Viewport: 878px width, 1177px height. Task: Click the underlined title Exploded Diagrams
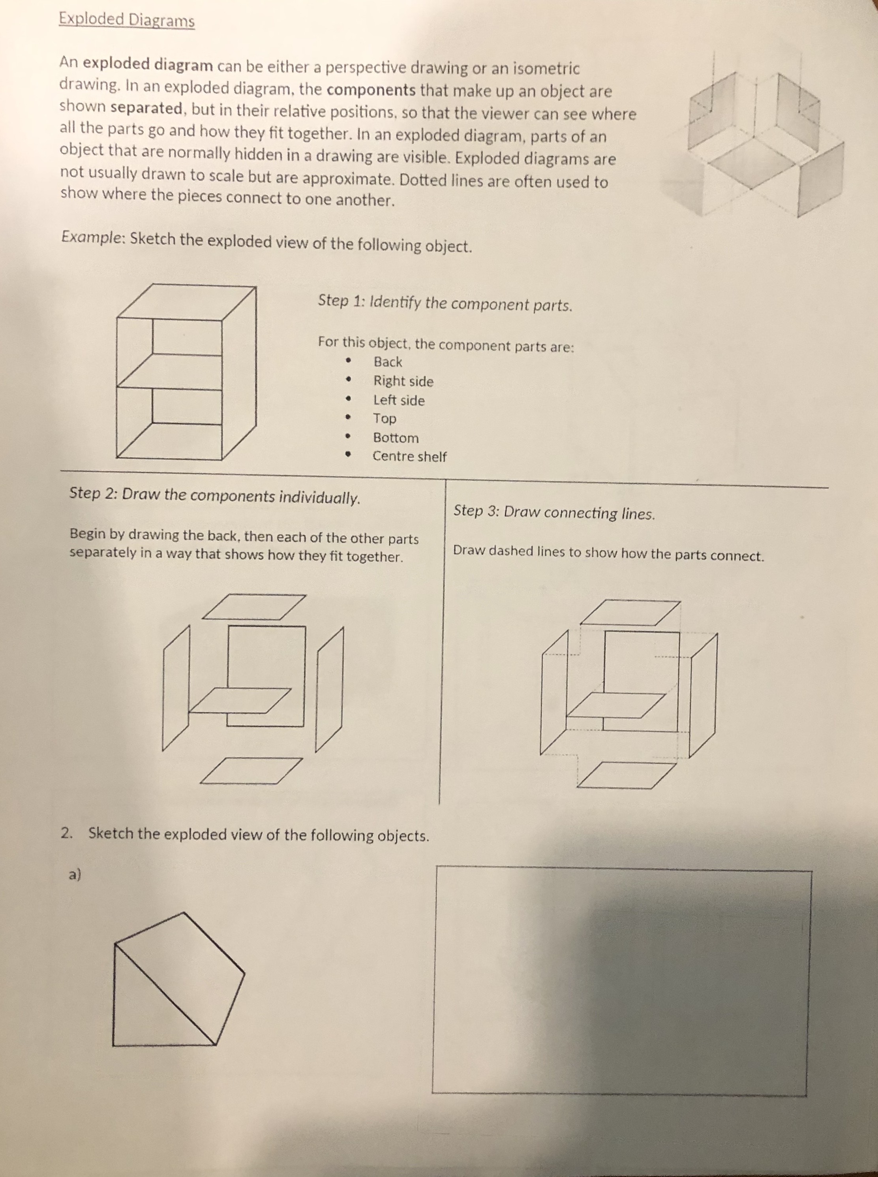(x=126, y=20)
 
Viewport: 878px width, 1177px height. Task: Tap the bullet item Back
(x=387, y=362)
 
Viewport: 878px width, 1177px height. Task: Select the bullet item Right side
(x=403, y=381)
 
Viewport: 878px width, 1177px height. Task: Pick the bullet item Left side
(x=399, y=400)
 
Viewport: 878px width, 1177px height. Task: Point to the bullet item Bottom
(x=396, y=438)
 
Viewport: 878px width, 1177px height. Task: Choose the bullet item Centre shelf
(x=409, y=457)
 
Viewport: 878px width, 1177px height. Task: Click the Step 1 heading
(x=445, y=303)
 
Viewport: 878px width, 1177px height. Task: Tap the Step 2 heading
(x=215, y=495)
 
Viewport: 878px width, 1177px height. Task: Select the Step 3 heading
(x=554, y=513)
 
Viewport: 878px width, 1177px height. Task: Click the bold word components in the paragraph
(x=371, y=90)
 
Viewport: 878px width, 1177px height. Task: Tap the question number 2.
(x=66, y=833)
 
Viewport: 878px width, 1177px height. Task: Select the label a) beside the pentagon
(x=74, y=874)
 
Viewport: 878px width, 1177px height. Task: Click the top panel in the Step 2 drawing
(x=254, y=607)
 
